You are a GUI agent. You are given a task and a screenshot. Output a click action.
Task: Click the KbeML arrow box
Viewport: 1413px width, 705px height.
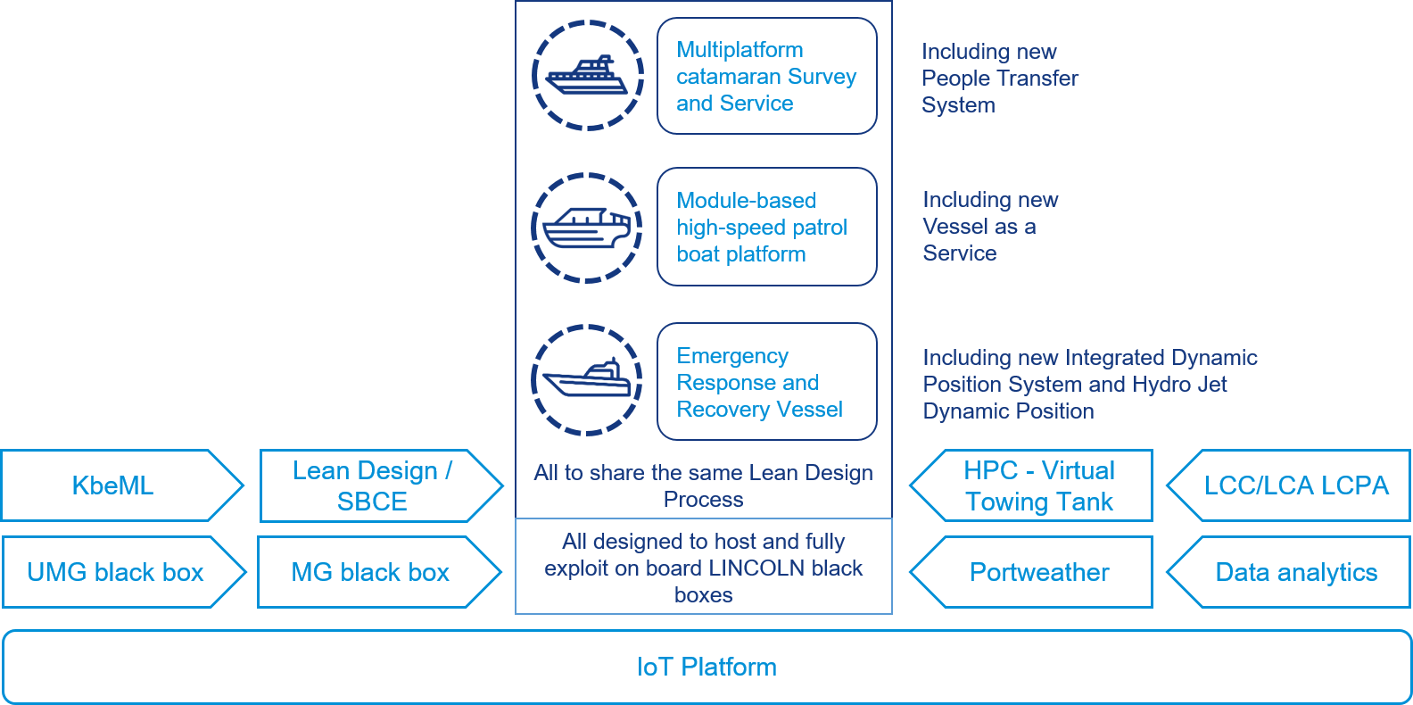[x=114, y=485]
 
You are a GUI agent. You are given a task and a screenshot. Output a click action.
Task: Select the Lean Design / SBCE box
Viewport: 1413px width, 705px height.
[x=373, y=485]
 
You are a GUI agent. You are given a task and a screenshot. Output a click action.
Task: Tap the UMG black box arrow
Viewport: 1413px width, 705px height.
[x=116, y=572]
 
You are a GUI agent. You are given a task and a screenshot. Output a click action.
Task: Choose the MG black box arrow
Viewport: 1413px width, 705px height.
[x=371, y=572]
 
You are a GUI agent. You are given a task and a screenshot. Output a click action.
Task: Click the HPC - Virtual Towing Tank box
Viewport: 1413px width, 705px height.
[x=1039, y=485]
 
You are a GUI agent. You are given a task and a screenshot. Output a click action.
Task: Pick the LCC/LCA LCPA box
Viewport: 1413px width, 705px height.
[x=1295, y=485]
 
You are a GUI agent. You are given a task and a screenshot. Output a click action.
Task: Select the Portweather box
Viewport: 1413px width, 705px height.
[x=1039, y=572]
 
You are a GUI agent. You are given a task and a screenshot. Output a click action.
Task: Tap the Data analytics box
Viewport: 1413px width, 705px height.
[x=1295, y=572]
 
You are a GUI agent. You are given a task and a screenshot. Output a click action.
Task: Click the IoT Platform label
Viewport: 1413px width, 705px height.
[x=706, y=667]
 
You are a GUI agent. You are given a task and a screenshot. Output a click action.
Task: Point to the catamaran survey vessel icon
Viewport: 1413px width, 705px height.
[x=588, y=76]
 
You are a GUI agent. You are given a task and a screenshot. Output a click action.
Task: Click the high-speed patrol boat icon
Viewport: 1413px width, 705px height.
[x=587, y=228]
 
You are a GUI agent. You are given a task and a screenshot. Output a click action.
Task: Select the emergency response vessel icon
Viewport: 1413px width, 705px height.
[x=587, y=380]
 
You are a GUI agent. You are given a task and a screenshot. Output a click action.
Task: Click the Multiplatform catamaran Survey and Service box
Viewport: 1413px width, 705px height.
[x=766, y=77]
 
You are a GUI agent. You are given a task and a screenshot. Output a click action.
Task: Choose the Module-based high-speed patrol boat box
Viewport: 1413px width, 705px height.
[x=766, y=228]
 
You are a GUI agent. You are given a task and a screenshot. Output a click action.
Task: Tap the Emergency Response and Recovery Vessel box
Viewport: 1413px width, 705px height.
[x=766, y=382]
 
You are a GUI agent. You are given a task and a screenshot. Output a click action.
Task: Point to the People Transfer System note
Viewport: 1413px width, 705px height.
[x=999, y=79]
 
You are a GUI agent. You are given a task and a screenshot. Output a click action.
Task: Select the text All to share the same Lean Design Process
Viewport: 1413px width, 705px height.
[x=703, y=485]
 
